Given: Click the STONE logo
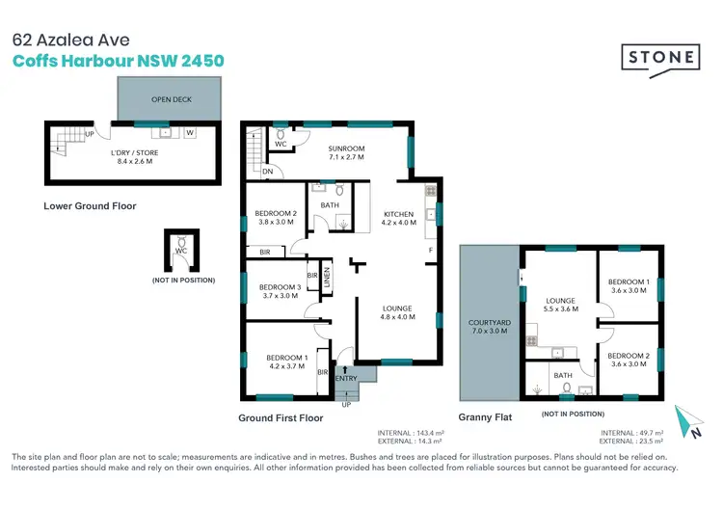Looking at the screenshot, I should pyautogui.click(x=660, y=58).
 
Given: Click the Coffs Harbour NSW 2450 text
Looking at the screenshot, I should pyautogui.click(x=118, y=61).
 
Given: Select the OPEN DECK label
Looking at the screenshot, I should pyautogui.click(x=170, y=100).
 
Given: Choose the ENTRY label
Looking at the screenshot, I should pyautogui.click(x=345, y=378).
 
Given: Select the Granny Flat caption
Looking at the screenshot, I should pyautogui.click(x=486, y=417).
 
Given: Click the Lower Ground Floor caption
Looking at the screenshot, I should pyautogui.click(x=90, y=205).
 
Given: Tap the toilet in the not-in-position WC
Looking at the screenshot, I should pyautogui.click(x=180, y=253).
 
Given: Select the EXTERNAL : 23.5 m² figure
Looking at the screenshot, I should pyautogui.click(x=631, y=442).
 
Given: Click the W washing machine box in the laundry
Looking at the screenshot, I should pyautogui.click(x=189, y=133).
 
